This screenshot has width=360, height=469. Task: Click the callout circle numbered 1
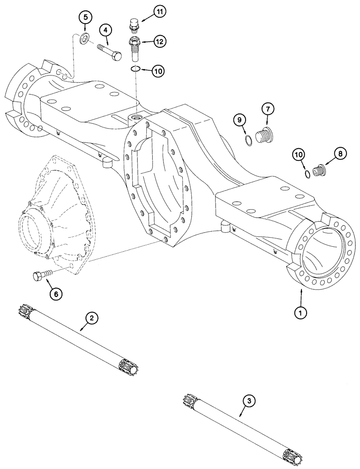tap(300, 310)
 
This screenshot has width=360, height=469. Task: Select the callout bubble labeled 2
tap(92, 318)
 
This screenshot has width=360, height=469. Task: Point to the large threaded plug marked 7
tap(264, 136)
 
